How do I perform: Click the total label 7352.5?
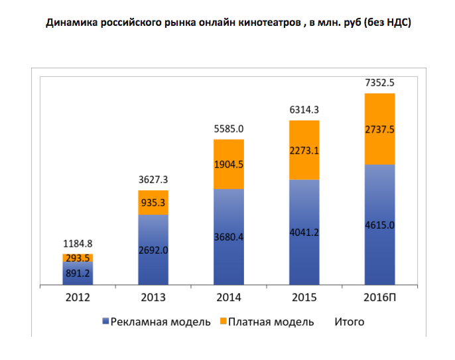coord(379,84)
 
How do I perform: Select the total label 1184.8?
coord(78,245)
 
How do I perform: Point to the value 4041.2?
coord(304,232)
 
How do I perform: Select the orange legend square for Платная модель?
coord(224,322)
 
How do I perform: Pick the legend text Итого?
coord(349,322)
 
